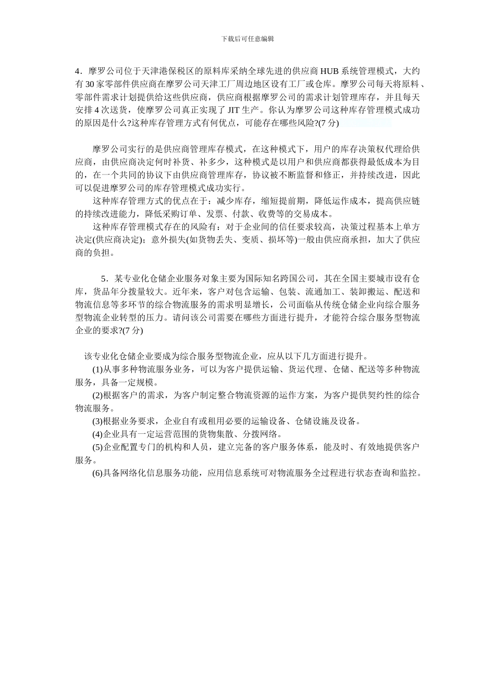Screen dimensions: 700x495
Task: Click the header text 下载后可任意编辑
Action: click(x=247, y=39)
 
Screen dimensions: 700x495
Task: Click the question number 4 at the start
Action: click(x=78, y=71)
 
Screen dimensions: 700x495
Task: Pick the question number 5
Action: click(x=104, y=279)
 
